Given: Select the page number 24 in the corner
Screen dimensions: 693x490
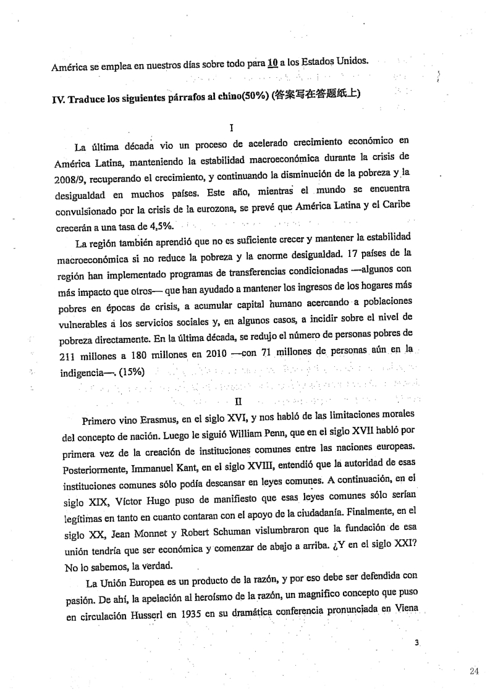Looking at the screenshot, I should pyautogui.click(x=474, y=672).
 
